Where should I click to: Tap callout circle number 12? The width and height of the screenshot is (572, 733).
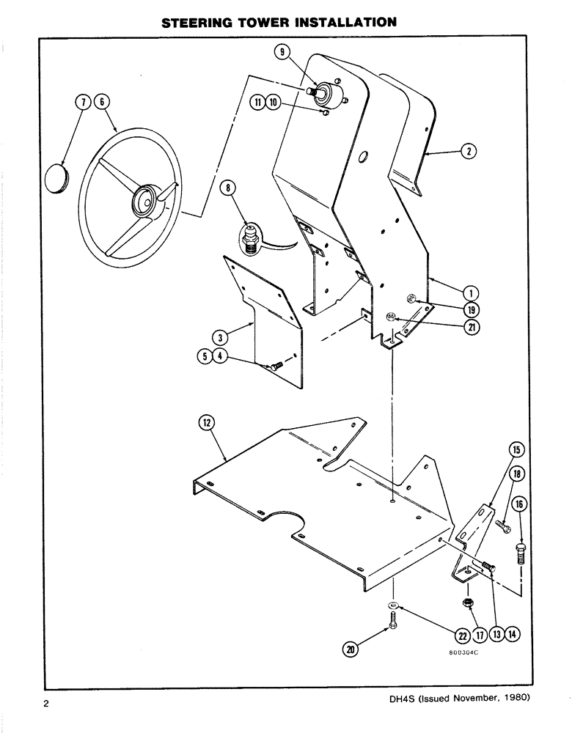click(206, 422)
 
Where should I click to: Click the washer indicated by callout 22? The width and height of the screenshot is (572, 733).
click(393, 605)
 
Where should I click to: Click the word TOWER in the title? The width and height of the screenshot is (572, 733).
click(277, 23)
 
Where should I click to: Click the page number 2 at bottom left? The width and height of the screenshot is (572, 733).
click(46, 706)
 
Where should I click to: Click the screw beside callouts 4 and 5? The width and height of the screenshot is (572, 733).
click(275, 365)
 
